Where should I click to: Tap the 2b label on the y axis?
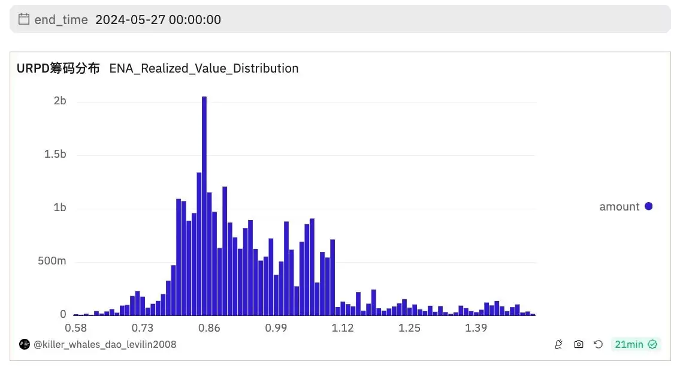point(59,101)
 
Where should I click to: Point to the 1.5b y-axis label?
point(55,155)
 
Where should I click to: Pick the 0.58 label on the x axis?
point(75,328)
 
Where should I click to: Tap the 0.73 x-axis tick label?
point(143,328)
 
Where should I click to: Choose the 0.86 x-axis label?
point(209,328)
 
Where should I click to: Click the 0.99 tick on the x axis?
point(276,328)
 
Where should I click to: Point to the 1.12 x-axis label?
point(343,328)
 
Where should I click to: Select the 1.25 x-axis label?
point(410,328)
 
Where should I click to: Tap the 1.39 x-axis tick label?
point(476,328)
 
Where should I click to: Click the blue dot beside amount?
point(648,206)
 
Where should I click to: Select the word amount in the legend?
point(619,207)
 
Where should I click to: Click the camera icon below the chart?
point(578,344)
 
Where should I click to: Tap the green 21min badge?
point(636,344)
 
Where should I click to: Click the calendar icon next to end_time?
point(24,19)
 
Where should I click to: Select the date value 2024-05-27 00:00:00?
point(158,20)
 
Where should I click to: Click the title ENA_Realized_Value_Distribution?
point(204,68)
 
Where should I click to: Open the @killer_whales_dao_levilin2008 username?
point(105,345)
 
